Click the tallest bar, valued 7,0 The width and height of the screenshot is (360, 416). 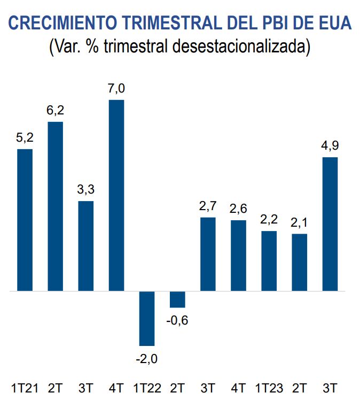116,195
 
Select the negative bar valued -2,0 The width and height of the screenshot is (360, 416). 147,318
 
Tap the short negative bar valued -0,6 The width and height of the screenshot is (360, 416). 177,299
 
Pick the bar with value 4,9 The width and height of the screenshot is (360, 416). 330,224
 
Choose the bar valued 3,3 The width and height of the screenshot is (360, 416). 86,246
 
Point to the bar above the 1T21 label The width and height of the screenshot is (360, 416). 25,220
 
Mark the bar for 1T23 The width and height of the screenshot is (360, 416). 269,261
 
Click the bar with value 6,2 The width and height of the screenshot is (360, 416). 56,206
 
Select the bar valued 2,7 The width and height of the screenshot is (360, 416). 208,254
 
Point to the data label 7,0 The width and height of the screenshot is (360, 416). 116,89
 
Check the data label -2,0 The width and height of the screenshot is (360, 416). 146,358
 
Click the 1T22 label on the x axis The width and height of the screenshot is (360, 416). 147,388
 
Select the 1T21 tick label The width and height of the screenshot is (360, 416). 25,388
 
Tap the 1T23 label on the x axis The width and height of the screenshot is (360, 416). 269,388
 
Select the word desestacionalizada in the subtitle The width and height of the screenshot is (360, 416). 241,47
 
